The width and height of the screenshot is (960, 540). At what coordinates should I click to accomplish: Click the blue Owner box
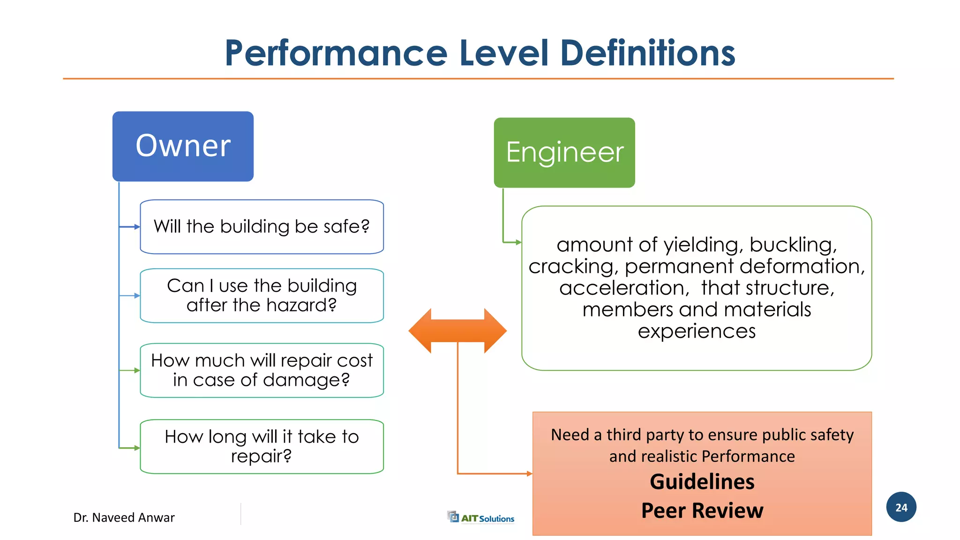tap(183, 146)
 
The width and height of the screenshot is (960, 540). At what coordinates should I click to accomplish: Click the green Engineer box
tap(564, 153)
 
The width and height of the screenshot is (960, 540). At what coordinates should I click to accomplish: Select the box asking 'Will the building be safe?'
tap(262, 227)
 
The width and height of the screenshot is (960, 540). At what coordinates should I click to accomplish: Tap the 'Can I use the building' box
tap(262, 295)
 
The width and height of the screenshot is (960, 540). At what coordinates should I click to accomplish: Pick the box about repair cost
tap(262, 370)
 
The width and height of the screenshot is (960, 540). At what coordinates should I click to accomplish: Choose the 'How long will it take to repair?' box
tap(262, 446)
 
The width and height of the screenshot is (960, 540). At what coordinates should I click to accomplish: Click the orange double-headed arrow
tap(457, 331)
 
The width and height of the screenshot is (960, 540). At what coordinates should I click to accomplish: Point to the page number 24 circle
tap(901, 507)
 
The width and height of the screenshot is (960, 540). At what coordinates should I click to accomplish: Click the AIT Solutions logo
tap(481, 517)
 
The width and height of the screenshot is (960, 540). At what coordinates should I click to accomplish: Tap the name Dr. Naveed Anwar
tap(124, 517)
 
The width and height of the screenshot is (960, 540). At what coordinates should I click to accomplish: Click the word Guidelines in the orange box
tap(702, 482)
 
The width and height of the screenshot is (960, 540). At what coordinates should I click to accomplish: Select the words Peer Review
tap(702, 510)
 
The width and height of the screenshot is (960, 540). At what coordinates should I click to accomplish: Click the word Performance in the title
tap(336, 53)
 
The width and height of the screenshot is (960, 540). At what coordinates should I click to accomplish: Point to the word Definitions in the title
tap(647, 53)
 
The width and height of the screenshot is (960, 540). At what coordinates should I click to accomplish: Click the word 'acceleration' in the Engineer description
tap(624, 288)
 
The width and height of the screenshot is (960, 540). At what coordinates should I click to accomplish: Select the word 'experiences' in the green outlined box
tap(697, 331)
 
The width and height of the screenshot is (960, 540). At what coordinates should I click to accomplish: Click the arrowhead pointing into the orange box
tap(530, 473)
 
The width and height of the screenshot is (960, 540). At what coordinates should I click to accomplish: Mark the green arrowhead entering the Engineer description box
tap(518, 242)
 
